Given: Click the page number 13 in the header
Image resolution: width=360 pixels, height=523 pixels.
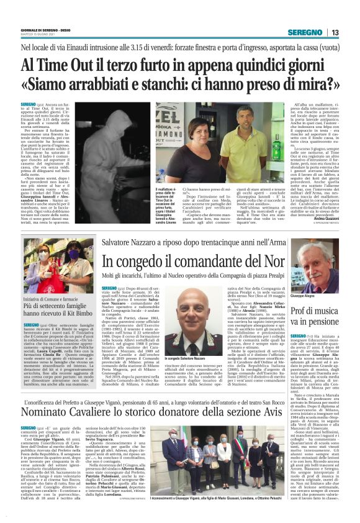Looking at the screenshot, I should click(x=335, y=32).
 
